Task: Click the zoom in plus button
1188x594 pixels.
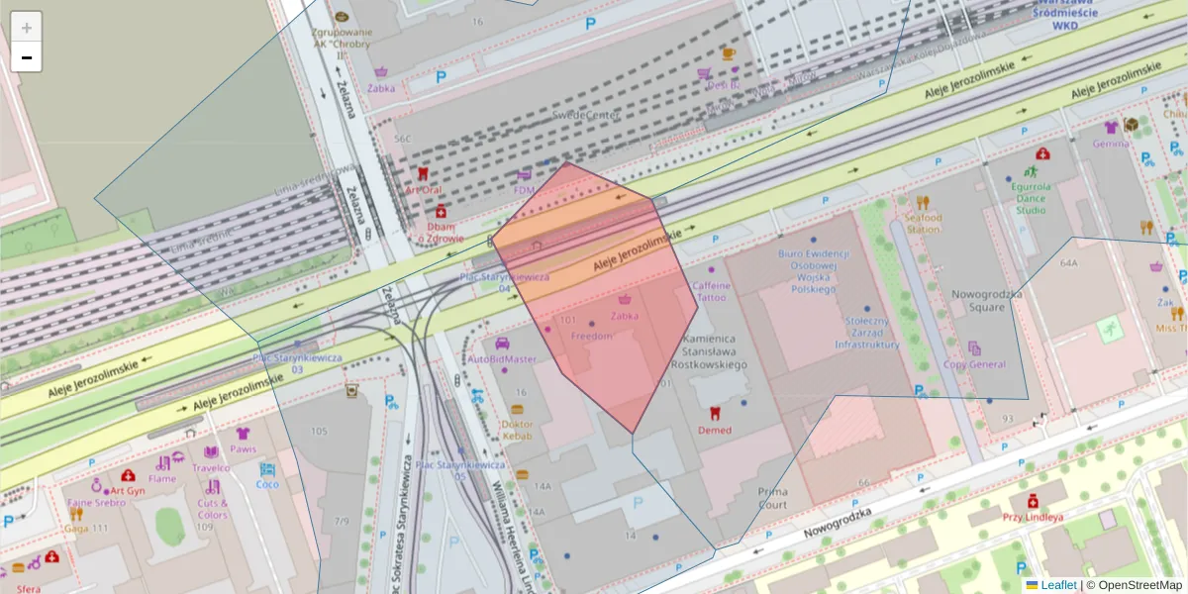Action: point(27,28)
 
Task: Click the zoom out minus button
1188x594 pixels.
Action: point(27,57)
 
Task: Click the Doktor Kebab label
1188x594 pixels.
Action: point(517,430)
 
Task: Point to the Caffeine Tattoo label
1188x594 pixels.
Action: point(711,291)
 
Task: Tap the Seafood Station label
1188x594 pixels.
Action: point(924,223)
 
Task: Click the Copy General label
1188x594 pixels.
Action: point(974,364)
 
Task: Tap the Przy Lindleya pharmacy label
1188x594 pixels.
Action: point(1032,517)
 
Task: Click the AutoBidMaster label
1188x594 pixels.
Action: point(501,358)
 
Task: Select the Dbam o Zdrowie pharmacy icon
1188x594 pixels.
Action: point(441,211)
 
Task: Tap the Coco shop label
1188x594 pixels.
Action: point(267,484)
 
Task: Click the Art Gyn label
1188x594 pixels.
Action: point(128,490)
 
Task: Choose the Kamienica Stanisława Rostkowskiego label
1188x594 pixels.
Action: point(715,351)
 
